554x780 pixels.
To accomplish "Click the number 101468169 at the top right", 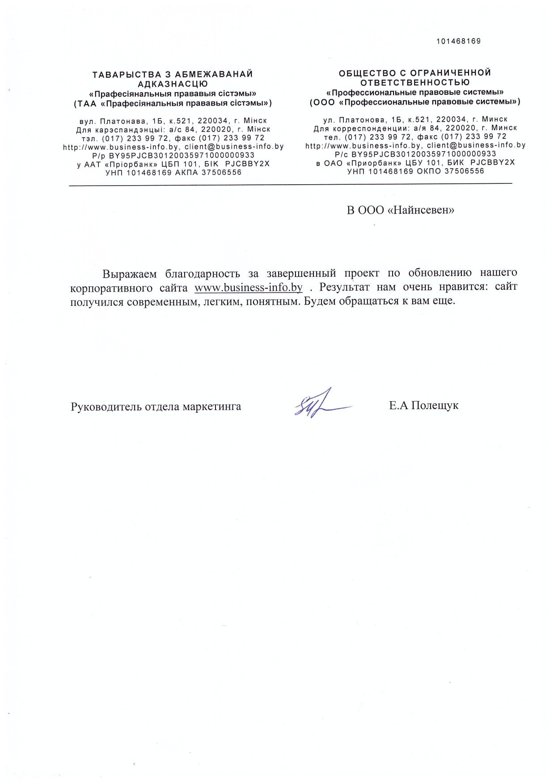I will point(458,41).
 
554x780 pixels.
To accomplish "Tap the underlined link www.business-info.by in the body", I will point(249,287).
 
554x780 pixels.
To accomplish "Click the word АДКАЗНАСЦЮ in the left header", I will point(173,84).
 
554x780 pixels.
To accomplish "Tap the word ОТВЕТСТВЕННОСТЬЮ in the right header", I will point(415,82).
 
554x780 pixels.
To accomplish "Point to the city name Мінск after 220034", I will point(255,121).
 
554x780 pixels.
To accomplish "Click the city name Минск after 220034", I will point(495,119).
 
